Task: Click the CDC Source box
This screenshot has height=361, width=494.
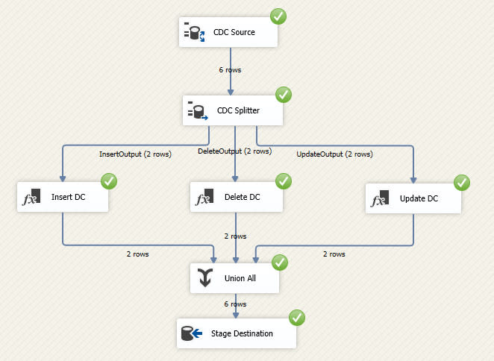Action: click(x=228, y=32)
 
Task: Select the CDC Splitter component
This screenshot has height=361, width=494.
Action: click(x=234, y=110)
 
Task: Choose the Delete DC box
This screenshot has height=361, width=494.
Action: click(x=236, y=198)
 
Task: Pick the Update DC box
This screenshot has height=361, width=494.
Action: click(x=413, y=198)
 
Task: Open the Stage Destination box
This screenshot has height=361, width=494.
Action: click(x=237, y=333)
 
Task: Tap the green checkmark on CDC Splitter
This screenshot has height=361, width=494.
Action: click(x=284, y=95)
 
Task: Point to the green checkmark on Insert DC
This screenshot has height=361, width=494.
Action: click(x=109, y=181)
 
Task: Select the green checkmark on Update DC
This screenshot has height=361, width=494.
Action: click(x=462, y=182)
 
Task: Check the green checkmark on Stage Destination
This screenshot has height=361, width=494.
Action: click(x=297, y=317)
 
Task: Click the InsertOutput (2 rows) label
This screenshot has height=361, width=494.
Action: click(x=134, y=154)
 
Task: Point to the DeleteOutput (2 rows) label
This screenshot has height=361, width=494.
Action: click(x=234, y=151)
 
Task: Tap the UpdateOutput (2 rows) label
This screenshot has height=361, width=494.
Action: click(x=334, y=154)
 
